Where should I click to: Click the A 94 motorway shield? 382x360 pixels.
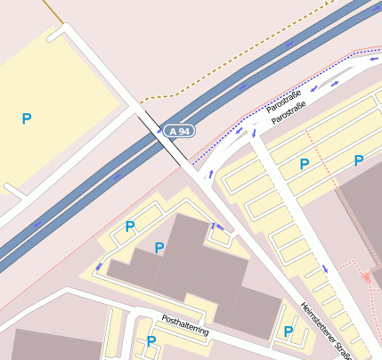178,131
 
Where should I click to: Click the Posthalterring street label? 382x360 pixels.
185,325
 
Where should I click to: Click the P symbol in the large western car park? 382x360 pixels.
26,118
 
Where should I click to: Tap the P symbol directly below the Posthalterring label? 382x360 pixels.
151,340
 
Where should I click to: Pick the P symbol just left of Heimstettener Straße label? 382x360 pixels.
288,331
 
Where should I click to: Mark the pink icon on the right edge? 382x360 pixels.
366,277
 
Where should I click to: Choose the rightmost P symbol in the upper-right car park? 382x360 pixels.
359,160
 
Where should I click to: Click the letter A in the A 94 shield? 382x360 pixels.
172,131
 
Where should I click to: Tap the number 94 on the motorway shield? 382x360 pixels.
183,131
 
